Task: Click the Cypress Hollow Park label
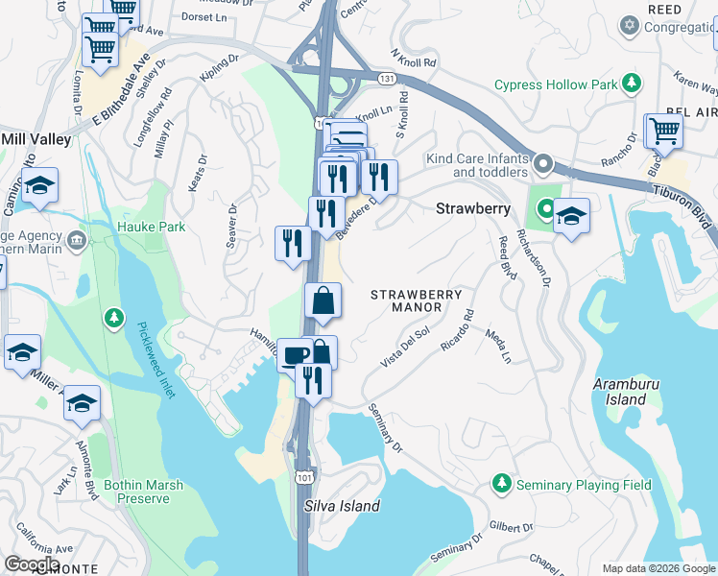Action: tap(556, 84)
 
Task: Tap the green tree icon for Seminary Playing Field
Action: tap(500, 485)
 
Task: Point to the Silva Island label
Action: tap(342, 506)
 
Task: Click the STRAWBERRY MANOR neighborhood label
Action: tap(417, 300)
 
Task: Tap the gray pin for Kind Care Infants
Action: tap(544, 164)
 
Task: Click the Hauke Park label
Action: tap(152, 227)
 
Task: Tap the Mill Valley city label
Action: tap(36, 139)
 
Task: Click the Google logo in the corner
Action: tap(31, 564)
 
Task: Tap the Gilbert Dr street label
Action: tap(510, 527)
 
